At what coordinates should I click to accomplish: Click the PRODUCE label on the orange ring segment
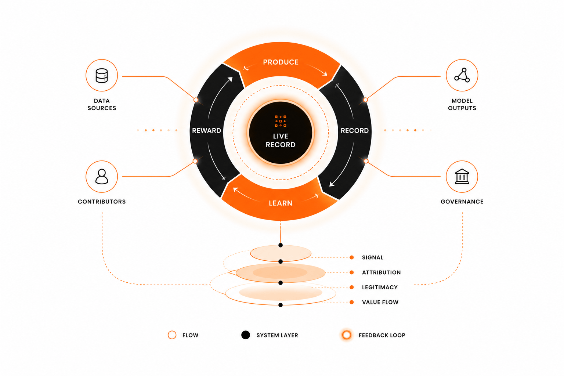281,62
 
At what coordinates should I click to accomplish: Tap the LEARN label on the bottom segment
281,203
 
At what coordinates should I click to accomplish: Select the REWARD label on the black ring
206,130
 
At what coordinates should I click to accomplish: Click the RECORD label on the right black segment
354,130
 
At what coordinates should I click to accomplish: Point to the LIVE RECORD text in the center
281,140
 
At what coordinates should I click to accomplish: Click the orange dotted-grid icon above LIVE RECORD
281,121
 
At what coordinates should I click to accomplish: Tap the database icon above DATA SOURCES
102,76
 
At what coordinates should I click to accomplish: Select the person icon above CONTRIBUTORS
102,177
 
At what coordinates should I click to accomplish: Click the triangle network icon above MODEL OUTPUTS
462,75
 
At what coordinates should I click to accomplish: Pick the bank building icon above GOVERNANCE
462,176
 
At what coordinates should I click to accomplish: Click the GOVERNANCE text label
462,202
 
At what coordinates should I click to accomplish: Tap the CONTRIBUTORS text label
102,202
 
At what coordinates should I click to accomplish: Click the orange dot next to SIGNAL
352,257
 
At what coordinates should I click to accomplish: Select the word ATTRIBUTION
381,272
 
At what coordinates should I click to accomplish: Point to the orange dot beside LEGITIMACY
352,288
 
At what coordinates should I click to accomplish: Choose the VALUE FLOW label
380,302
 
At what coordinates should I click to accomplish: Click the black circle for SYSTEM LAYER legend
246,335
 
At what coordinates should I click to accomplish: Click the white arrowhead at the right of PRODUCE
325,73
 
